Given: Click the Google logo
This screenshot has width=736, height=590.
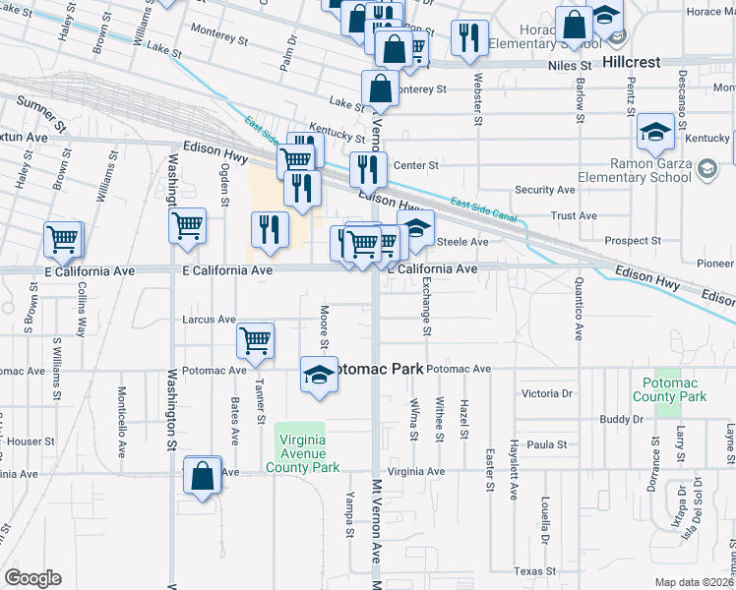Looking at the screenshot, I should click(31, 578).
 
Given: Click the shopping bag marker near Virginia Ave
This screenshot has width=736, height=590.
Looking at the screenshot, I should click(202, 477).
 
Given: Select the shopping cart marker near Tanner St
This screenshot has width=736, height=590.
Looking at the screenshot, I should click(256, 341).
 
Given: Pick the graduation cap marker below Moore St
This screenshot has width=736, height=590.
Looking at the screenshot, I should click(318, 376).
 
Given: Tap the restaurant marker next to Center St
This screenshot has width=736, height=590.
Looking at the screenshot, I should click(368, 168).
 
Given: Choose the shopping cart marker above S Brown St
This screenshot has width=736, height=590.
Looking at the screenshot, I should click(62, 239).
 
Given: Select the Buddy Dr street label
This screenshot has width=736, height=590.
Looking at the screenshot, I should click(621, 420).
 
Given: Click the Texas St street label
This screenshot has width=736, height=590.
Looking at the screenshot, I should click(535, 571).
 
